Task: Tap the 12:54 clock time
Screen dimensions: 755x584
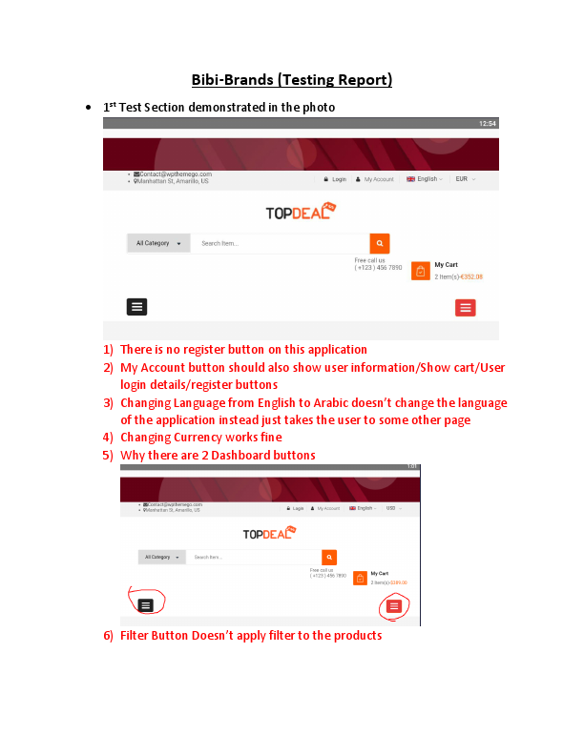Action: coord(487,124)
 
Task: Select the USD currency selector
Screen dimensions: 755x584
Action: coord(392,508)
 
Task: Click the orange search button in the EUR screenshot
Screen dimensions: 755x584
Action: coord(380,243)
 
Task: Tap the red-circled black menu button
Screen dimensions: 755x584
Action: coord(145,604)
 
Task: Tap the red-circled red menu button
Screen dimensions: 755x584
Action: coord(393,605)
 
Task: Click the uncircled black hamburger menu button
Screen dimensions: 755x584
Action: coord(136,306)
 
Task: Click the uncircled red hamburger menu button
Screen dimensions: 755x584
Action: coord(466,307)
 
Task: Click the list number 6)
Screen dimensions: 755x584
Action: coord(109,635)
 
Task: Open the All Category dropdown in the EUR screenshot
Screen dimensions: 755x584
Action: coord(158,243)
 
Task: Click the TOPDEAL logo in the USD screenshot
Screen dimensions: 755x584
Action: coord(270,534)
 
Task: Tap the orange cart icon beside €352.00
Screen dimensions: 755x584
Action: coord(420,271)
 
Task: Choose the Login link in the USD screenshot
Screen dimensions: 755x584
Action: coord(297,508)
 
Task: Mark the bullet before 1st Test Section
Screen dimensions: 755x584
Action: coord(88,108)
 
